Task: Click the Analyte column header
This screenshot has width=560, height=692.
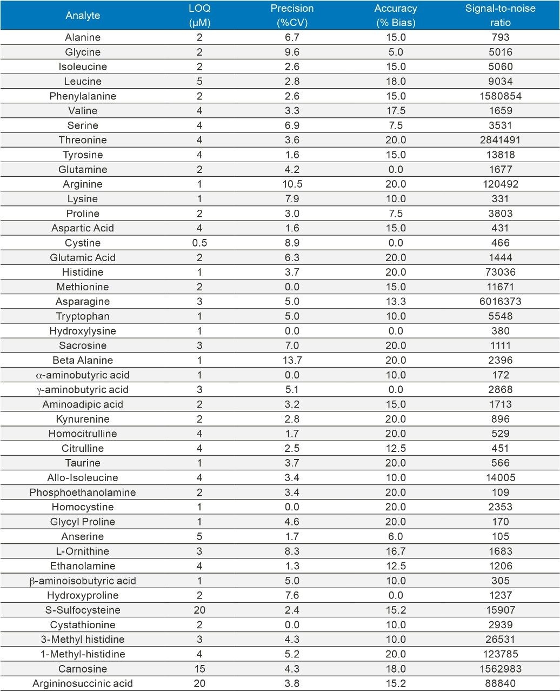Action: pyautogui.click(x=83, y=15)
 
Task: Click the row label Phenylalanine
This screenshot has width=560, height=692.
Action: pyautogui.click(x=83, y=96)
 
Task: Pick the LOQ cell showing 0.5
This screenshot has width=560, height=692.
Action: pyautogui.click(x=199, y=243)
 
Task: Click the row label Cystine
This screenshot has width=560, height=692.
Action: pyautogui.click(x=83, y=243)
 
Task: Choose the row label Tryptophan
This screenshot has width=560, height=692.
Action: pyautogui.click(x=83, y=316)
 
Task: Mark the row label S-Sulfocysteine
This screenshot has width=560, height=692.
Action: pyautogui.click(x=83, y=610)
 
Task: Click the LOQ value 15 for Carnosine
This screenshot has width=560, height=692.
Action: pyautogui.click(x=199, y=669)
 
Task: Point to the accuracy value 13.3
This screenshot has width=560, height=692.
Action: pyautogui.click(x=396, y=302)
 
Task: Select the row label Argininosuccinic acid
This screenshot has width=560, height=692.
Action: pyautogui.click(x=83, y=683)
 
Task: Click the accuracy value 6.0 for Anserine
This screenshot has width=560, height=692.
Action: pyautogui.click(x=396, y=536)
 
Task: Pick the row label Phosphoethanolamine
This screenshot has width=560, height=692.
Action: pyautogui.click(x=83, y=493)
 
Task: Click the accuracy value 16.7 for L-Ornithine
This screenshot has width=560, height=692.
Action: pyautogui.click(x=396, y=551)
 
